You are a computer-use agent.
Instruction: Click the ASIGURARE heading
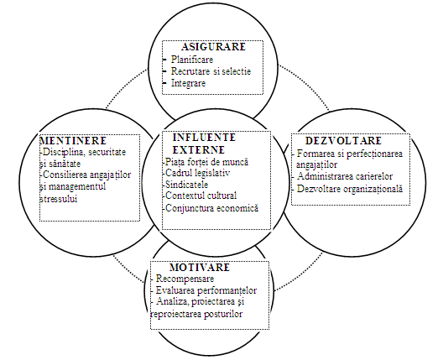(x=214, y=47)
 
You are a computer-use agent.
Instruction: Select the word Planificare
(x=192, y=60)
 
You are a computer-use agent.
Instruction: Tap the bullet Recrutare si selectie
(x=211, y=71)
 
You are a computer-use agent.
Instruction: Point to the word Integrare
(x=188, y=83)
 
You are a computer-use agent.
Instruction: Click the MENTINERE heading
(x=73, y=140)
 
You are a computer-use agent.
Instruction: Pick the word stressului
(x=59, y=199)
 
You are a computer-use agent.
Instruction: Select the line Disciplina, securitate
(x=84, y=152)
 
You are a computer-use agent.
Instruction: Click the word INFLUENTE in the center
(x=204, y=138)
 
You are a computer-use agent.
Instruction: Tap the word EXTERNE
(x=199, y=149)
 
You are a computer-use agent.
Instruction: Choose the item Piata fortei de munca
(x=206, y=162)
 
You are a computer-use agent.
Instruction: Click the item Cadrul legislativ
(x=197, y=173)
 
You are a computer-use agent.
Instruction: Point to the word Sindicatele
(x=187, y=185)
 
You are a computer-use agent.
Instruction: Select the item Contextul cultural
(x=201, y=196)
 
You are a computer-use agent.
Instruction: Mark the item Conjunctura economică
(x=212, y=208)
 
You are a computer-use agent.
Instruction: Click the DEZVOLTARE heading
(x=343, y=140)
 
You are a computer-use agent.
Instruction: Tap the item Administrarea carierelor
(x=345, y=176)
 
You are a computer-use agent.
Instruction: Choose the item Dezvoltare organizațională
(x=350, y=189)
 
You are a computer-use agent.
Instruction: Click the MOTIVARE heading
(x=200, y=268)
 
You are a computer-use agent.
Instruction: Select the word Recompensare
(x=185, y=279)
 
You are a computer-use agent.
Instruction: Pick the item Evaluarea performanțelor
(x=206, y=290)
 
